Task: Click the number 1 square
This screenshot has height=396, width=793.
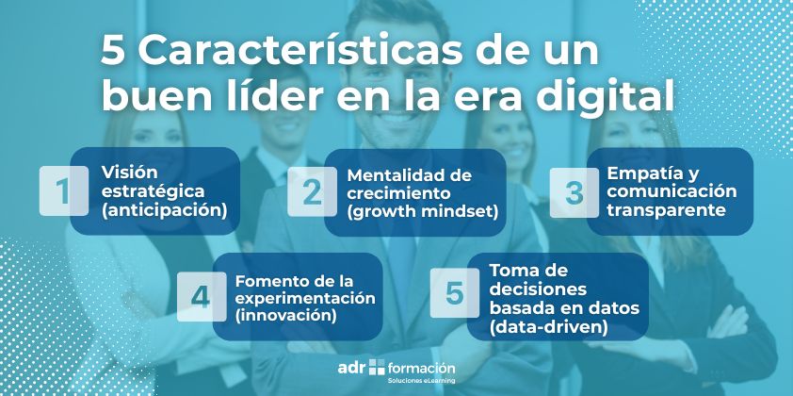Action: pyautogui.click(x=62, y=191)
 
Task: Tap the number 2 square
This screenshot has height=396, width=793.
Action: pyautogui.click(x=311, y=191)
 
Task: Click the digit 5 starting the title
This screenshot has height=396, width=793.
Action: pyautogui.click(x=114, y=51)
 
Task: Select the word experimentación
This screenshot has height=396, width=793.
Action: pyautogui.click(x=305, y=298)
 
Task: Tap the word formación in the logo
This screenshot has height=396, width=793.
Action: pyautogui.click(x=422, y=367)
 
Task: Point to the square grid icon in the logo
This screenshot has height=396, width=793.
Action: pyautogui.click(x=378, y=367)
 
